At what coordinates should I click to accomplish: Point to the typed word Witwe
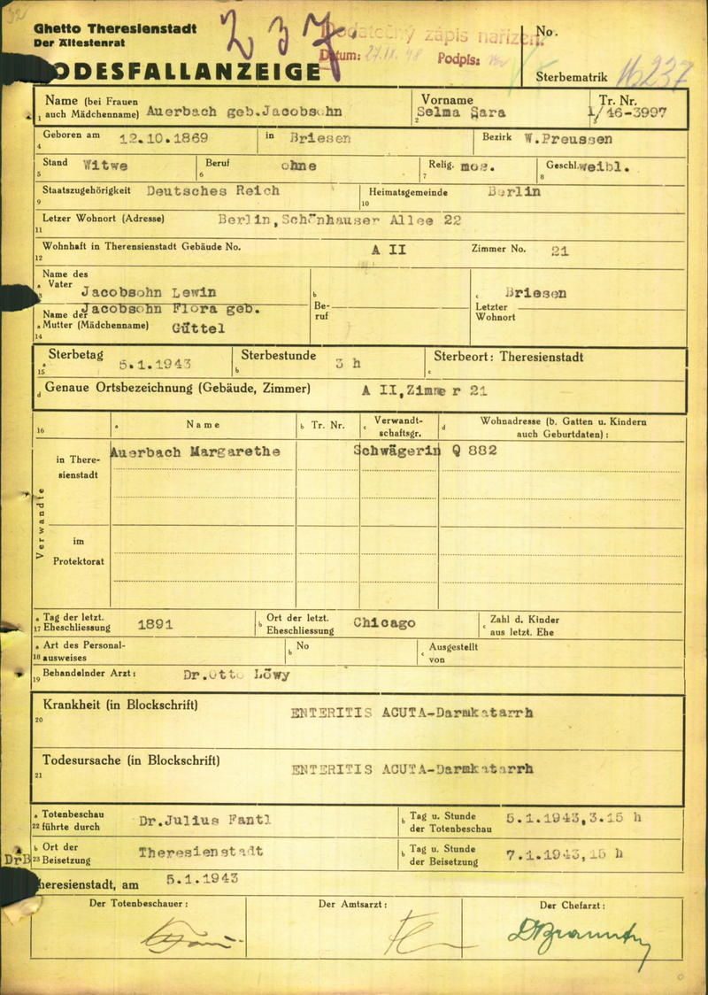coord(104,166)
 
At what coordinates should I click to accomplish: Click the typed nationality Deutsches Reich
coord(212,191)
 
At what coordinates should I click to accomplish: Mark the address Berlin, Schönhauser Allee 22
coord(340,220)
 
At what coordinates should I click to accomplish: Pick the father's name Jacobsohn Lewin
coord(148,292)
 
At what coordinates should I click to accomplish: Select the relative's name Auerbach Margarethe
coord(196,451)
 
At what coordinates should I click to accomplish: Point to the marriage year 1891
coord(155,624)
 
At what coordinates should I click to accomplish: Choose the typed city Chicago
coord(384,623)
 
